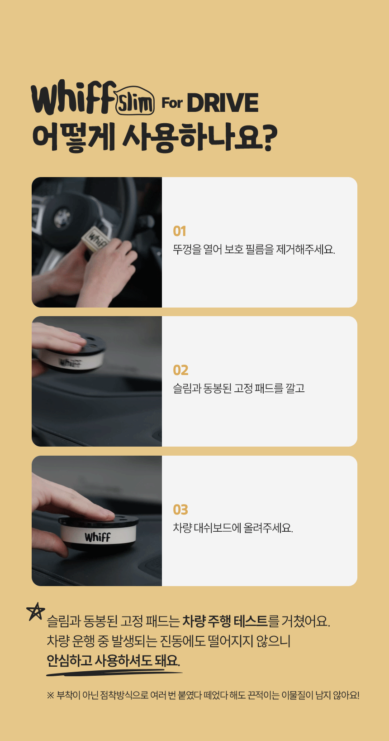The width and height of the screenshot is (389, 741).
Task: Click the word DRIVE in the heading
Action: pos(223,103)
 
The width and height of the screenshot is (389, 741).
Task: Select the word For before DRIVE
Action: pos(172,103)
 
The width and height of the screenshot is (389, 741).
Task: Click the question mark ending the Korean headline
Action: pos(270,138)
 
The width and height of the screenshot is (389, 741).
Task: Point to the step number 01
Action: pos(180,231)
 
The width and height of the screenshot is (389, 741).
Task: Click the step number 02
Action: pos(180,370)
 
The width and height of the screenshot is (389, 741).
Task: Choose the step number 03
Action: pos(180,510)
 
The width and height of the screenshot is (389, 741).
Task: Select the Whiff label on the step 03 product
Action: pos(97,537)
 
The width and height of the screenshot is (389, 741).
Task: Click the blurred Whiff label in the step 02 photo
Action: pos(70,363)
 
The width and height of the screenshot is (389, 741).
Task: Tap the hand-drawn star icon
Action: pos(35,611)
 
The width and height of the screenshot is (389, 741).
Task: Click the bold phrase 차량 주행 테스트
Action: pos(225,621)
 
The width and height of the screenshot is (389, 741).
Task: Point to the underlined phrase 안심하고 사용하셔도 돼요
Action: pos(113,661)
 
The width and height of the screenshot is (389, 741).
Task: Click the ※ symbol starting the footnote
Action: pos(50,695)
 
